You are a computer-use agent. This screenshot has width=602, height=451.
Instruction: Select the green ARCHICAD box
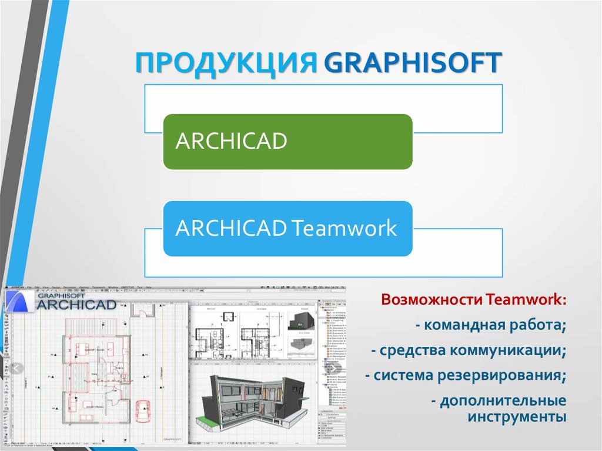point(287,142)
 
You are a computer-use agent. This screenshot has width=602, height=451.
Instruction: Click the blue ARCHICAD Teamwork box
point(287,228)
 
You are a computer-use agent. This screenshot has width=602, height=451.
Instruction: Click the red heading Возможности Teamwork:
point(474,300)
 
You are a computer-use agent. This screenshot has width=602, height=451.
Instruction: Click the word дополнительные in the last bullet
point(503,401)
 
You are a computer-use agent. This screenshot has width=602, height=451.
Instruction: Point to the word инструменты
point(517,417)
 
